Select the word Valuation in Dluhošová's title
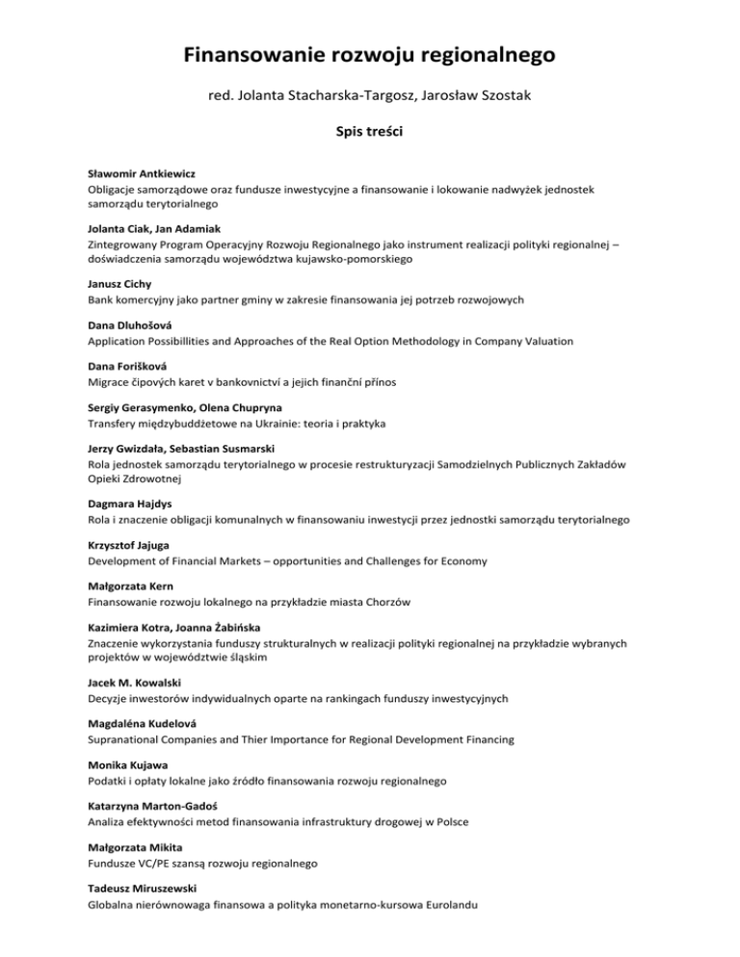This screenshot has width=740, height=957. pos(545,341)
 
